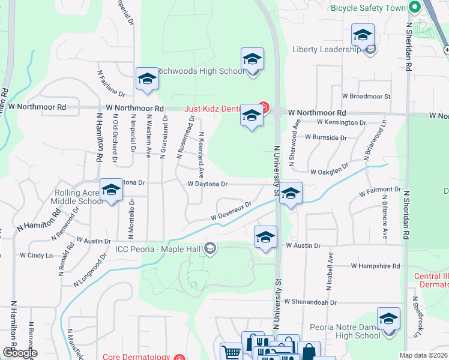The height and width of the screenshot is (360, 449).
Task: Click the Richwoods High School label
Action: [201, 71]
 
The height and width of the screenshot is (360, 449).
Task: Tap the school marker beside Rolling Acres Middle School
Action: [111, 190]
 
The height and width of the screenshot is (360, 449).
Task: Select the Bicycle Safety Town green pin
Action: [414, 8]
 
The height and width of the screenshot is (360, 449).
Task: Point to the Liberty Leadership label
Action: [327, 49]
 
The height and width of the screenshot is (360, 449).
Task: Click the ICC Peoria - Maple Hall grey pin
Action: [209, 248]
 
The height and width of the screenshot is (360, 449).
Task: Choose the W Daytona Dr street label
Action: [208, 184]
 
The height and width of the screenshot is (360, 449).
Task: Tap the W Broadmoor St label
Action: [366, 96]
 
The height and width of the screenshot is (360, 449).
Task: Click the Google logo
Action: [20, 353]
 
